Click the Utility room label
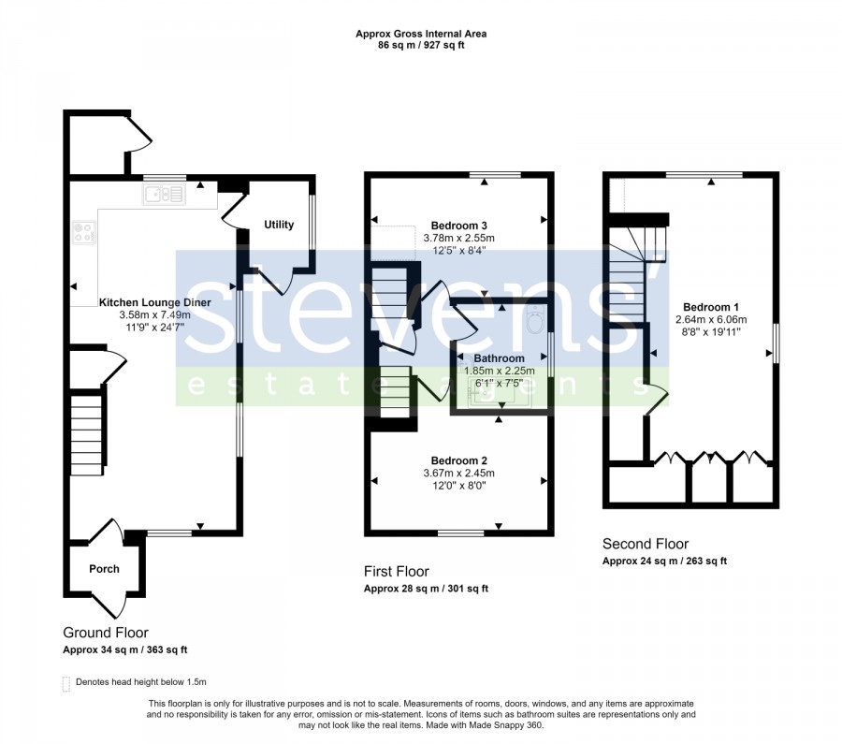[x=279, y=225]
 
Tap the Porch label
[x=104, y=569]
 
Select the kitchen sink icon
[x=164, y=194]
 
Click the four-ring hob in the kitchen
[x=84, y=233]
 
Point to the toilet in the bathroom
[x=536, y=321]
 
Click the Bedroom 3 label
[x=459, y=226]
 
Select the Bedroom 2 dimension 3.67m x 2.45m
[x=459, y=474]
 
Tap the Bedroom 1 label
[x=711, y=307]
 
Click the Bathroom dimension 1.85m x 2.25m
[x=500, y=371]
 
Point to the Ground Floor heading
[x=106, y=633]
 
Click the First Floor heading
[x=397, y=571]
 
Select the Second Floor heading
[x=646, y=544]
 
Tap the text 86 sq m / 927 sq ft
[x=421, y=45]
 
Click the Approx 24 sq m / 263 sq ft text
[x=665, y=562]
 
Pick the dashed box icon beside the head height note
[x=66, y=683]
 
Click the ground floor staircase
[x=86, y=435]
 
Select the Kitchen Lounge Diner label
[x=154, y=302]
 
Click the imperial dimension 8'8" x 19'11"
[x=711, y=332]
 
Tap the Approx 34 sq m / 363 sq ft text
[x=125, y=650]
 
